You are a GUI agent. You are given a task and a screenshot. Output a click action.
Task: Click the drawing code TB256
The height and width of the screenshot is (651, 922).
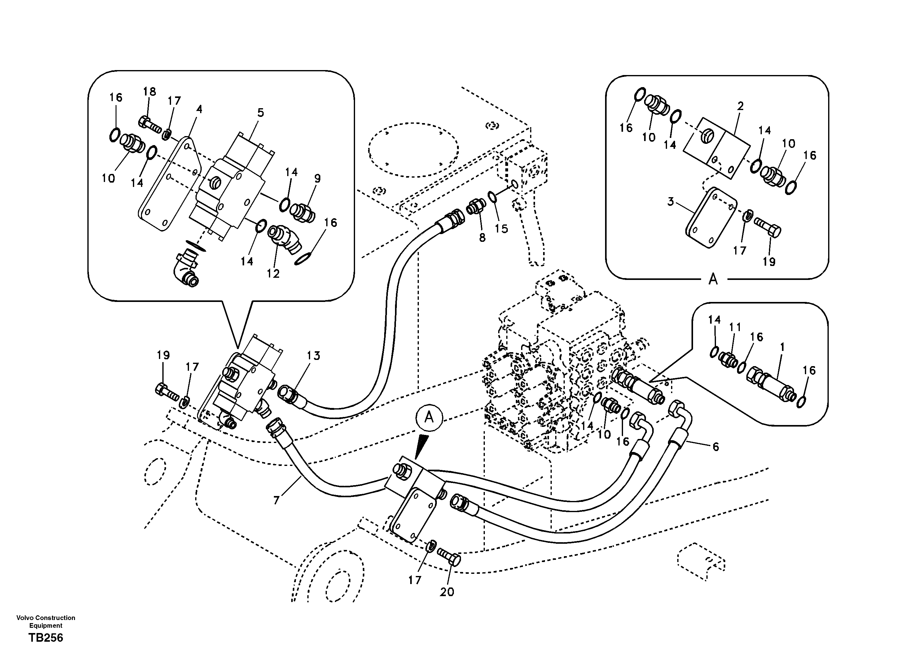click(x=46, y=638)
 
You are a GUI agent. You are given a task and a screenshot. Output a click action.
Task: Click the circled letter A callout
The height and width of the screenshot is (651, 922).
click(x=429, y=418)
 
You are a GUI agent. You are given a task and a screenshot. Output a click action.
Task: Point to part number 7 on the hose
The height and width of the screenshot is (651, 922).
click(x=276, y=500)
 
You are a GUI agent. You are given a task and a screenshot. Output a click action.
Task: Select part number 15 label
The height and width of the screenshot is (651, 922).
click(x=501, y=229)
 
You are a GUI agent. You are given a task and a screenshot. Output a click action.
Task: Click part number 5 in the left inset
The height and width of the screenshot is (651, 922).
click(x=261, y=113)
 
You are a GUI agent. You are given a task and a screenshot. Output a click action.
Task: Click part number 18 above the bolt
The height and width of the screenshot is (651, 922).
click(x=149, y=92)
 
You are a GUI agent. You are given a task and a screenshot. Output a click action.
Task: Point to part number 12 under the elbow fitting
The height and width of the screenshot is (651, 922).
click(x=273, y=274)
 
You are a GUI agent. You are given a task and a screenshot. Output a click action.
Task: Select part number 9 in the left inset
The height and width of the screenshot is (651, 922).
click(x=317, y=179)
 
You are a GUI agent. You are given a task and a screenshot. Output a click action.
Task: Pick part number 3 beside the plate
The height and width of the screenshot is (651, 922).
click(x=671, y=202)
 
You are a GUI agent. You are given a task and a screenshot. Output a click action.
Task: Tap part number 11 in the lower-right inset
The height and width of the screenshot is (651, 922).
click(x=735, y=327)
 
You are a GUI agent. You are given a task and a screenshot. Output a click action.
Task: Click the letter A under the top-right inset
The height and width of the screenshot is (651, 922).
click(x=713, y=279)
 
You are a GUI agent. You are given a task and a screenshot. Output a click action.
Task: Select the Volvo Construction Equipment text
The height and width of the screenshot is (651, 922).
click(x=46, y=621)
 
